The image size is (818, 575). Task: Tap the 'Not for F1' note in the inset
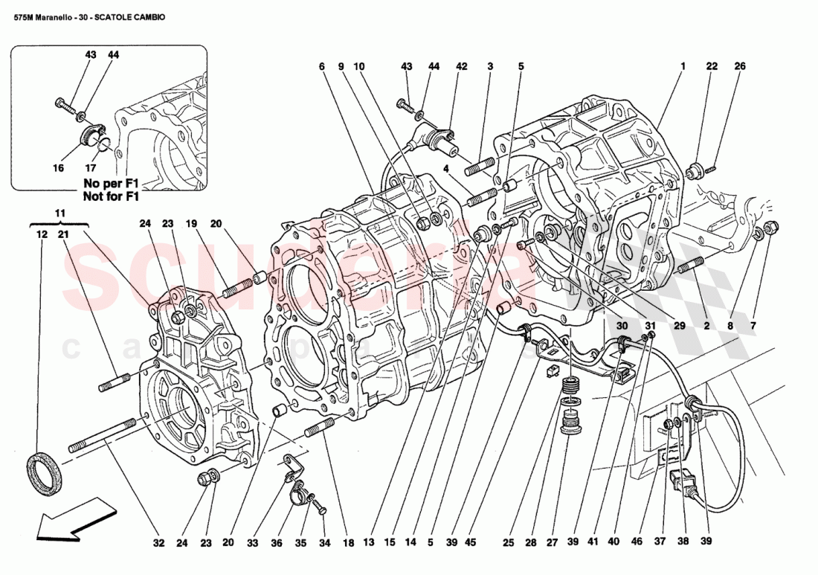tap(111, 196)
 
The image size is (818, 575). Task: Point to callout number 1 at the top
tap(682, 67)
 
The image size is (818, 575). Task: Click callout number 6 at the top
tap(322, 67)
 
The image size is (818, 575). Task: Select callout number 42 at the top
tap(461, 67)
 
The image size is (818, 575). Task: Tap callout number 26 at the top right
tap(739, 67)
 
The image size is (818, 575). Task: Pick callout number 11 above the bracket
tap(60, 214)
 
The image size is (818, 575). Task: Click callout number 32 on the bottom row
tap(158, 542)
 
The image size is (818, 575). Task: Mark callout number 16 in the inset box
tap(58, 168)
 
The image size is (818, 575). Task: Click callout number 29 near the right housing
tap(679, 326)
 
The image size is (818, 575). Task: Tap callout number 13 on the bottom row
tap(367, 542)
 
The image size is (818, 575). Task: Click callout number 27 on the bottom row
tap(553, 542)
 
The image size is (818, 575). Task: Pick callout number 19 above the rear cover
tap(191, 223)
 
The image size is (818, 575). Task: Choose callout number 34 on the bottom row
tap(323, 542)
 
